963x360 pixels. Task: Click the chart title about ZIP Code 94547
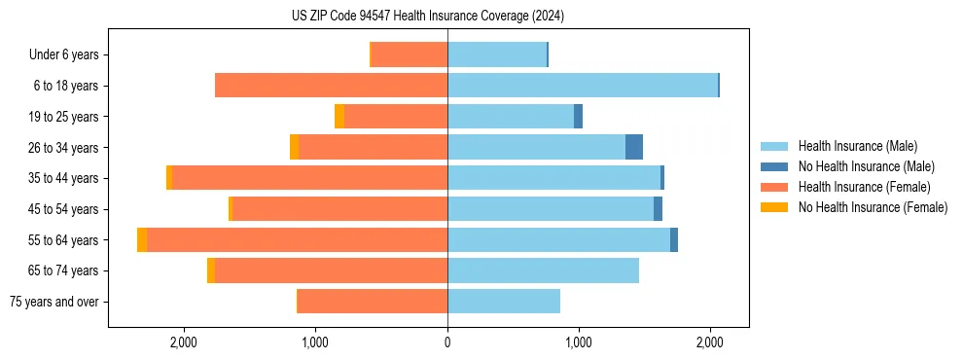[x=427, y=17]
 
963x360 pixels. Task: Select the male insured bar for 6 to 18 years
[x=583, y=86]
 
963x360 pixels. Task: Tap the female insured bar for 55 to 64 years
[x=297, y=239]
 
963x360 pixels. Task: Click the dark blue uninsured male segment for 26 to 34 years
[x=633, y=147]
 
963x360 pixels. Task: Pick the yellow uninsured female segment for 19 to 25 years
[x=339, y=117]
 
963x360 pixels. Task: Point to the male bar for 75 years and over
[x=504, y=302]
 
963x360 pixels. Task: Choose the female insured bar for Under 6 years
[x=410, y=54]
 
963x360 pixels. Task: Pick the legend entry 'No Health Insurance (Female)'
[x=873, y=207]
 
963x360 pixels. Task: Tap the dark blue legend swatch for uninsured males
[x=775, y=166]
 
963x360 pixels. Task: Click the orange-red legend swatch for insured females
[x=775, y=187]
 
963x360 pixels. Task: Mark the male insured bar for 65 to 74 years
[x=543, y=270]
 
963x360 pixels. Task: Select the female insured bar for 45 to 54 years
[x=339, y=209]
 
